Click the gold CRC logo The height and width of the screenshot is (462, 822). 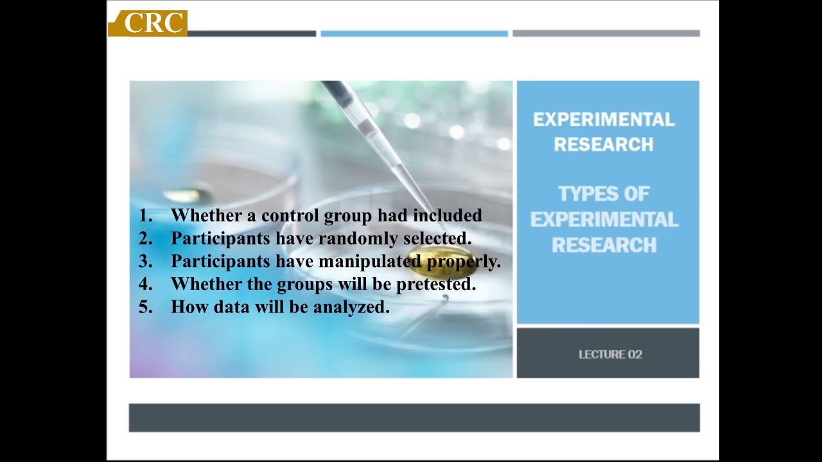[148, 23]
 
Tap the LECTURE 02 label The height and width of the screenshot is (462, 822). [610, 354]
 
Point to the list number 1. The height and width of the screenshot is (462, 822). [144, 216]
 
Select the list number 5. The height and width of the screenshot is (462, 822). [145, 307]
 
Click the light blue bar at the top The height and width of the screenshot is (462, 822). [414, 33]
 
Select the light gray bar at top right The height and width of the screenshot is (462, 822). [606, 33]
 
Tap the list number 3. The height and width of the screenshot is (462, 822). [145, 262]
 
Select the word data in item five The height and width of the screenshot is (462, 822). [232, 307]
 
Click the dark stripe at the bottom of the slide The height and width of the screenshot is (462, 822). [414, 418]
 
